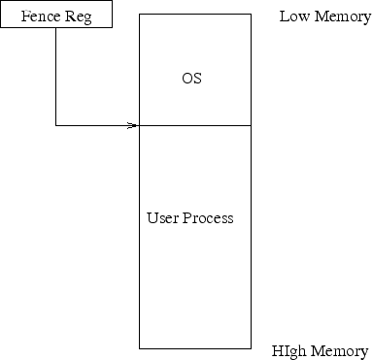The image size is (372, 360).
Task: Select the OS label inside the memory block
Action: [x=192, y=78]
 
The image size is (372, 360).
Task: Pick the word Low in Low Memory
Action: [x=294, y=17]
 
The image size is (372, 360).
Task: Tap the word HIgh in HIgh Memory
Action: [x=290, y=350]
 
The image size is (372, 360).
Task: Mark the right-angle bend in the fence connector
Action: [x=56, y=125]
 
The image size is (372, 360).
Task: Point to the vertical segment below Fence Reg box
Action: [x=56, y=78]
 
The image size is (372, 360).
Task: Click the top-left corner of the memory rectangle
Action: [x=140, y=15]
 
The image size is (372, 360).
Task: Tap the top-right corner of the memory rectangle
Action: [x=252, y=15]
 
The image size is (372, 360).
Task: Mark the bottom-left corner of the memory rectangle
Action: [x=140, y=347]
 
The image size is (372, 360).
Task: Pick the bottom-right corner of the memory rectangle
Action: [x=252, y=347]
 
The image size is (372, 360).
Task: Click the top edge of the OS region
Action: [x=194, y=15]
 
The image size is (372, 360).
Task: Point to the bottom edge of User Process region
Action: [x=194, y=347]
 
